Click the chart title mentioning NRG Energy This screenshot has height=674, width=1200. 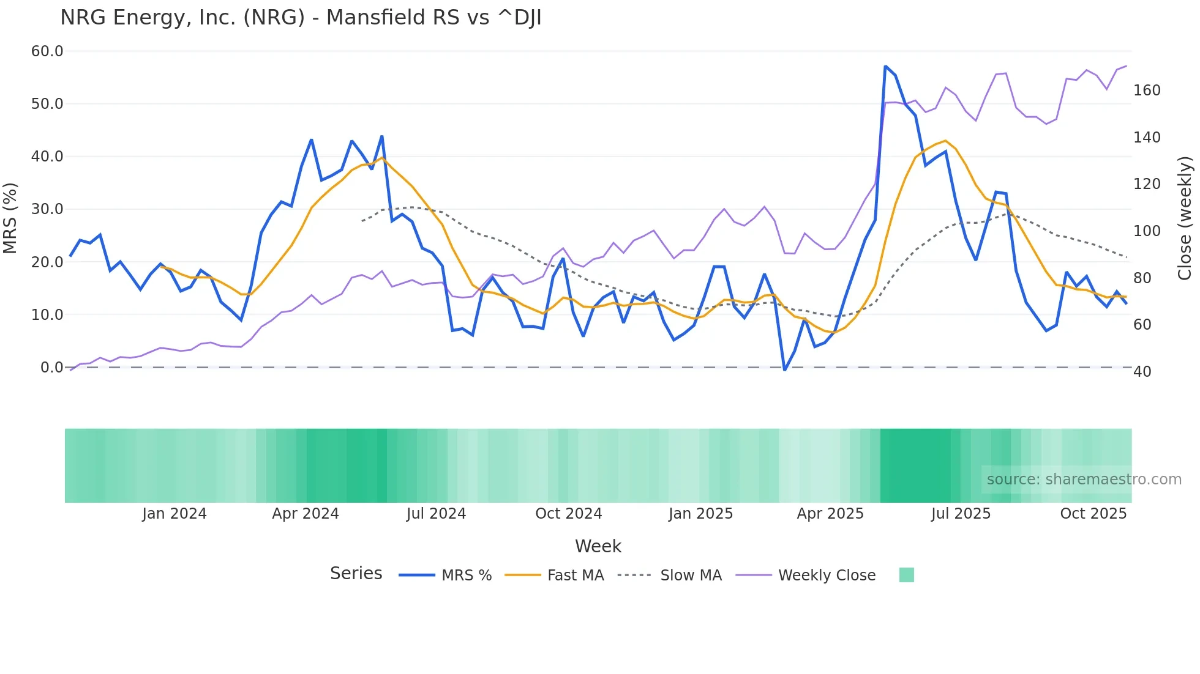pyautogui.click(x=301, y=18)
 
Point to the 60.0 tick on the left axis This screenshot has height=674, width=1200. pyautogui.click(x=47, y=51)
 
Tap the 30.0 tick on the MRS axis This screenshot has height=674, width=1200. pyautogui.click(x=47, y=209)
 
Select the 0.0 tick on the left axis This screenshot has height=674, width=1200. pyautogui.click(x=51, y=368)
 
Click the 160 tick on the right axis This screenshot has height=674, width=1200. pyautogui.click(x=1147, y=91)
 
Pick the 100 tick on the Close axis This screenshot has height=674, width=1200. pyautogui.click(x=1147, y=231)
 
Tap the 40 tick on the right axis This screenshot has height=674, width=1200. pyautogui.click(x=1142, y=372)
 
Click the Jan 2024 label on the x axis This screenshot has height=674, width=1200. pyautogui.click(x=174, y=514)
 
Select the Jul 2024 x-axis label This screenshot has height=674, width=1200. pyautogui.click(x=436, y=514)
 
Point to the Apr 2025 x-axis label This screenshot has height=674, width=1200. pyautogui.click(x=830, y=514)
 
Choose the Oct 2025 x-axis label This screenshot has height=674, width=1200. pyautogui.click(x=1093, y=514)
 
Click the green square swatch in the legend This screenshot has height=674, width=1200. pyautogui.click(x=906, y=575)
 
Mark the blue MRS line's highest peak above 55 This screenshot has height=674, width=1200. pyautogui.click(x=885, y=66)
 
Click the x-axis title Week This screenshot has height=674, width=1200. pyautogui.click(x=598, y=546)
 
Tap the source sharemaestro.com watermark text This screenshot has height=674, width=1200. pyautogui.click(x=1084, y=480)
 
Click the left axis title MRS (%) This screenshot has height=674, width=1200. pyautogui.click(x=10, y=218)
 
